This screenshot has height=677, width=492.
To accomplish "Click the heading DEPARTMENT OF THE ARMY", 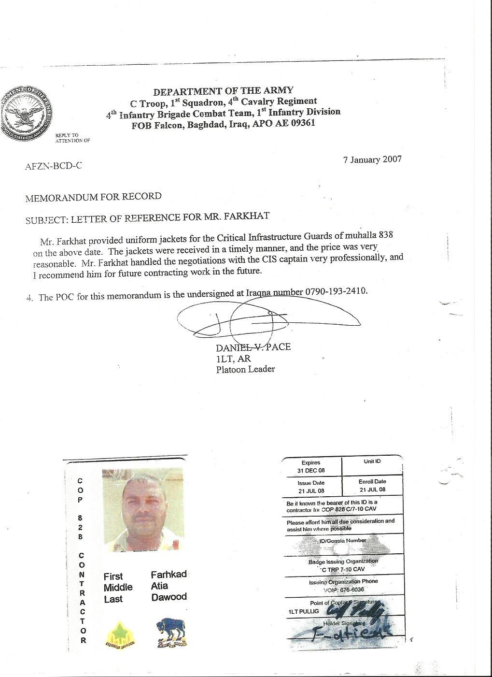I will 223,91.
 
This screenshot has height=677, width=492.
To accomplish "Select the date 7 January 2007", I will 372,160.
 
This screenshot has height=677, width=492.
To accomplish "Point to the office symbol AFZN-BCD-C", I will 53,166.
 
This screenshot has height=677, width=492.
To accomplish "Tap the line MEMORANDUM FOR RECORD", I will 93,197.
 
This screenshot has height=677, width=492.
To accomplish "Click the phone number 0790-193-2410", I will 336,291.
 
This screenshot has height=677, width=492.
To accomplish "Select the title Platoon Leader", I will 245,369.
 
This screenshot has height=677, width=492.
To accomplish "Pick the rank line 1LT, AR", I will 233,359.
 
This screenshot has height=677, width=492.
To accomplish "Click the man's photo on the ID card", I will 143,510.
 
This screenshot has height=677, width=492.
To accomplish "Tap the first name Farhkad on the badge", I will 169,575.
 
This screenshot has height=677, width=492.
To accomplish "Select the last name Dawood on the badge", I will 169,597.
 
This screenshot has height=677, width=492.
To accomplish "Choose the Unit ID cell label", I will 372,461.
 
